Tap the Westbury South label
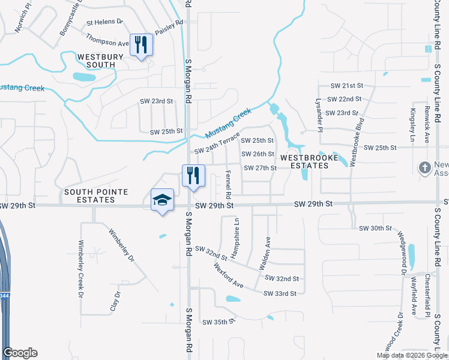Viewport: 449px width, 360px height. tap(100, 61)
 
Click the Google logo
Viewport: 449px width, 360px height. tap(20, 353)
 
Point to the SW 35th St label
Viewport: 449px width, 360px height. tap(217, 322)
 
